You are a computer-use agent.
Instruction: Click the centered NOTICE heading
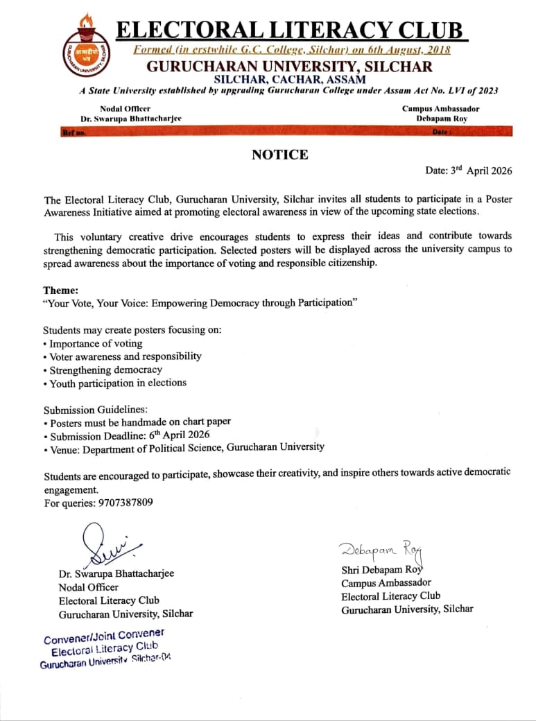(279, 155)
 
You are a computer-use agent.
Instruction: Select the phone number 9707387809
(119, 503)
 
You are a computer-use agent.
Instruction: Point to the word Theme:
(61, 290)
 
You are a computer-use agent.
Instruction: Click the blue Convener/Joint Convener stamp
(104, 648)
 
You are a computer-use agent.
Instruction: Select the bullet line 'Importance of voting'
(95, 343)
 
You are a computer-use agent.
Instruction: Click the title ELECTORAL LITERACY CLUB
(289, 31)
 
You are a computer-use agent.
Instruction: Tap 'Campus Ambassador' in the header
(440, 109)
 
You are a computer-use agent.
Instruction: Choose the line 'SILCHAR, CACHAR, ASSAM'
(289, 79)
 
